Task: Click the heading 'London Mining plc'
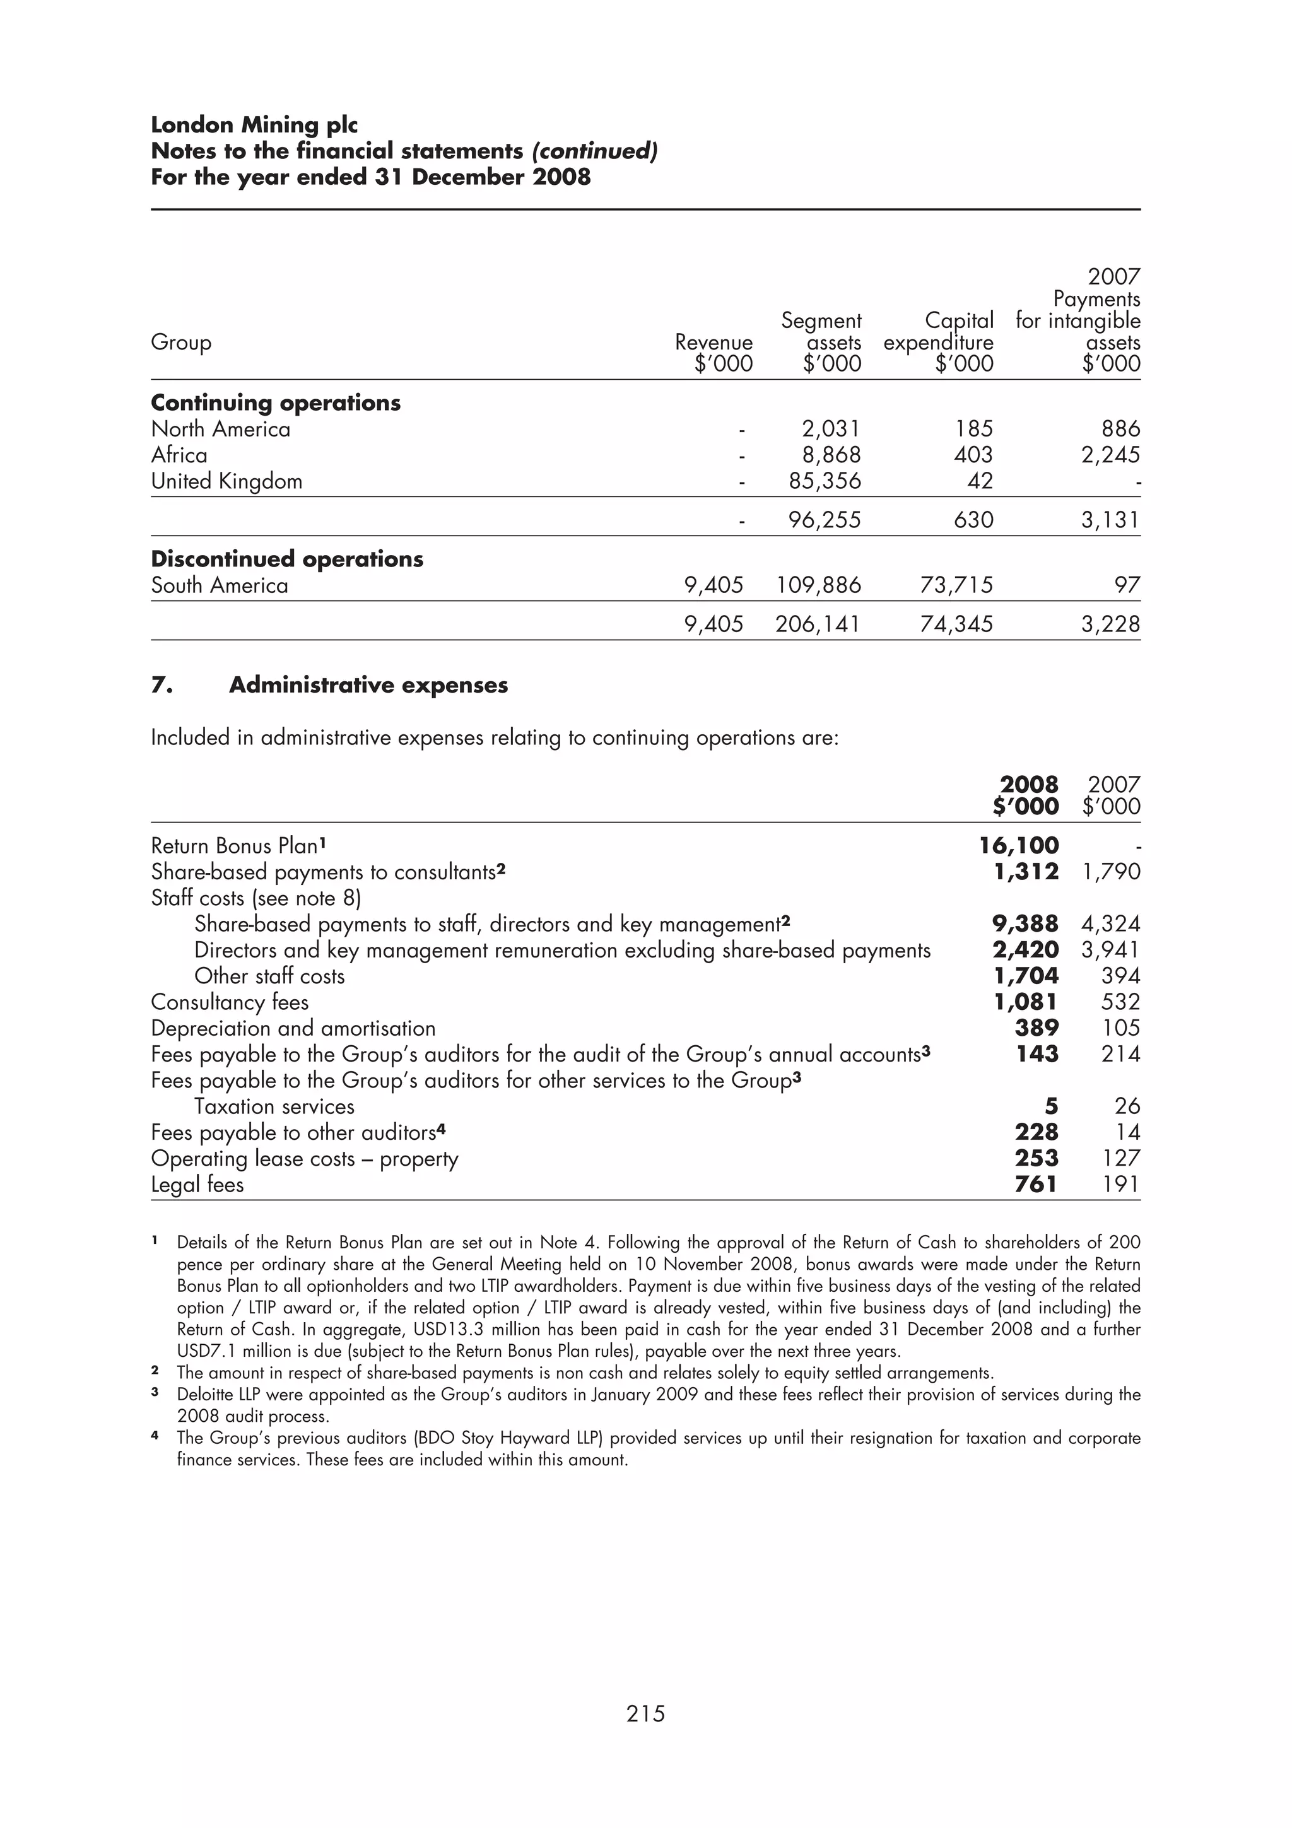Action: point(254,125)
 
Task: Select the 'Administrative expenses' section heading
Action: point(368,686)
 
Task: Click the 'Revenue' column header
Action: point(714,343)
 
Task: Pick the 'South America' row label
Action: point(220,586)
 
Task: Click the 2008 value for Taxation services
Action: point(1051,1106)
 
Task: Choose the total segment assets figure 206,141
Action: point(818,624)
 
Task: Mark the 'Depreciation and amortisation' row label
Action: point(293,1029)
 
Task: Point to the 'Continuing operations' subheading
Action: point(276,403)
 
